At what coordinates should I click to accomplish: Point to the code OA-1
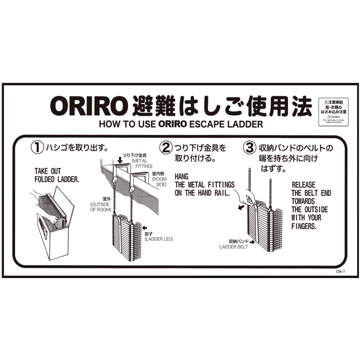click(x=340, y=272)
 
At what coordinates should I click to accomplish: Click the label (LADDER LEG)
click(x=159, y=239)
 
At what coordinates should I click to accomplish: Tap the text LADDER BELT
click(x=234, y=247)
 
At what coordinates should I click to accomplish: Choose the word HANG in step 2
click(x=181, y=176)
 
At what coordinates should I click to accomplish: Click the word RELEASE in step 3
click(x=303, y=185)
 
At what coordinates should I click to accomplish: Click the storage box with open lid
click(x=54, y=224)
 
